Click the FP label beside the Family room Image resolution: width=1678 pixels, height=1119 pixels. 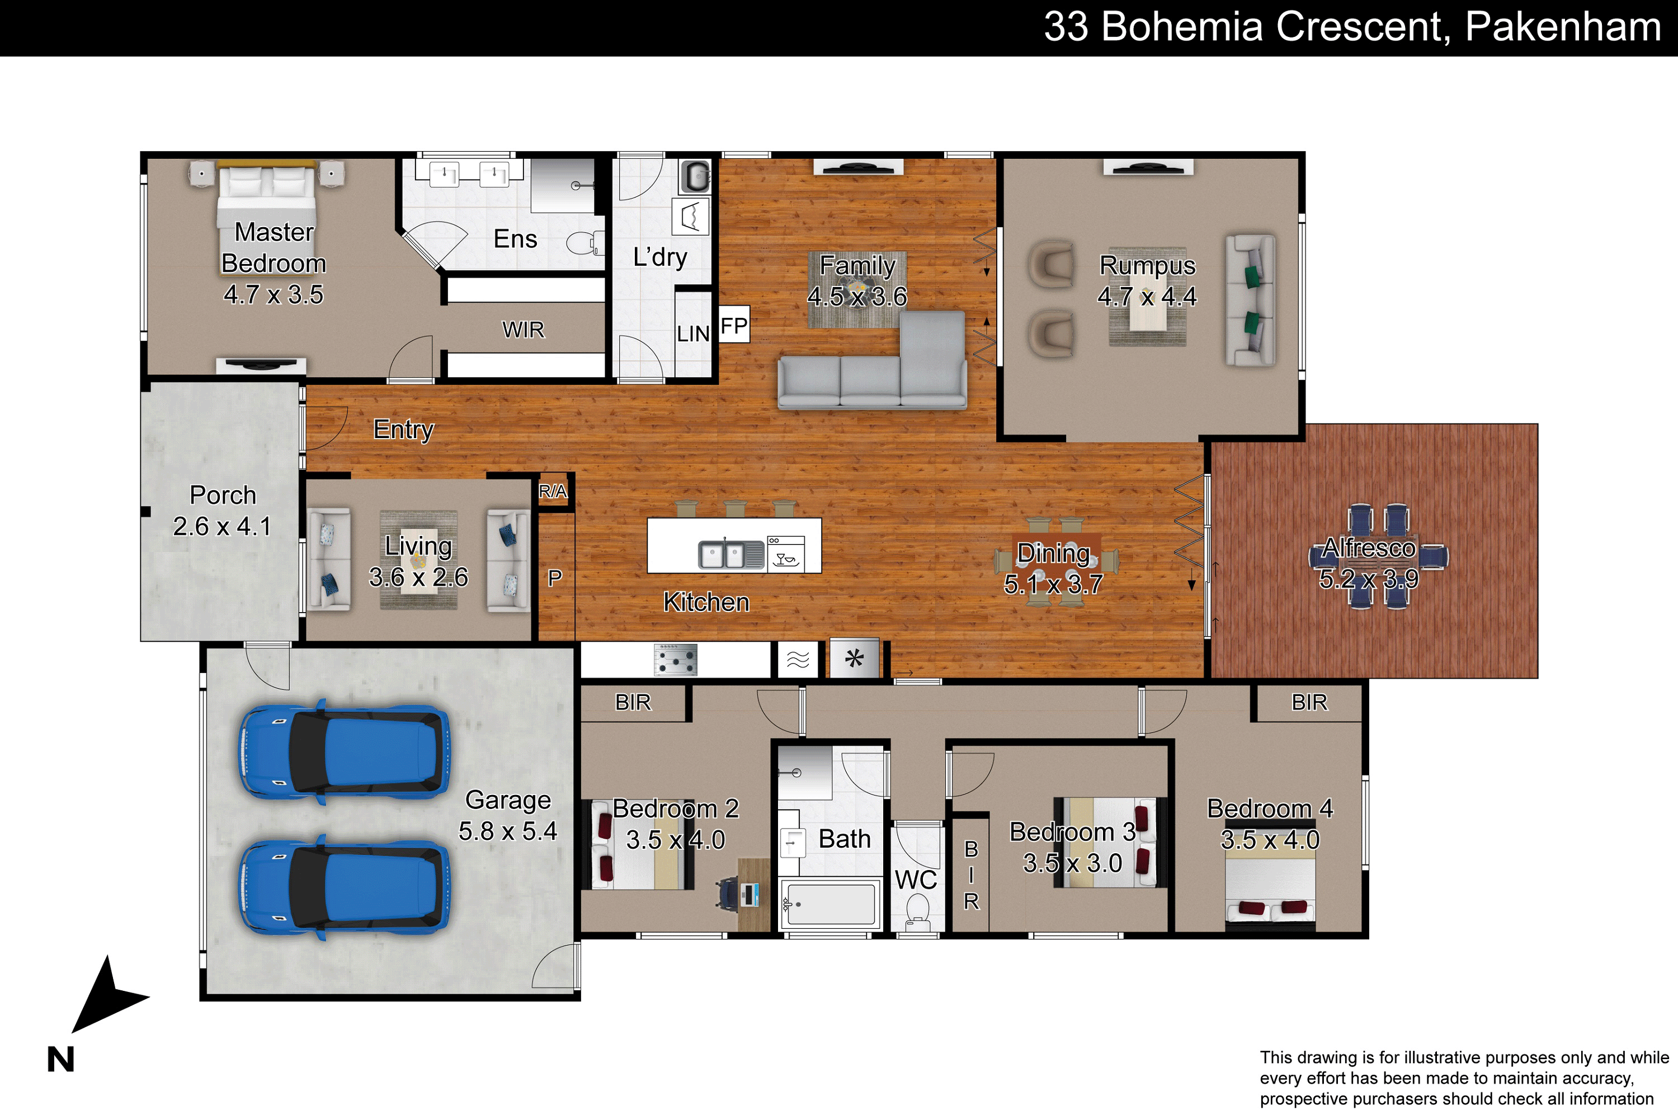pos(733,326)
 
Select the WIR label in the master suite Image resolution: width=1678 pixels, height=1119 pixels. pos(523,330)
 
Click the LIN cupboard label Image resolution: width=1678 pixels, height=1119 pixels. pos(693,333)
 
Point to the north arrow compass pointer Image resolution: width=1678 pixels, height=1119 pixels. pos(107,995)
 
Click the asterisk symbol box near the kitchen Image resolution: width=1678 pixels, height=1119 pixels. pos(854,659)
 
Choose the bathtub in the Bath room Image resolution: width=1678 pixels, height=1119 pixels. pos(829,904)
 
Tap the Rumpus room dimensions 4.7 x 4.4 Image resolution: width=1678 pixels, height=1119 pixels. pos(1147,296)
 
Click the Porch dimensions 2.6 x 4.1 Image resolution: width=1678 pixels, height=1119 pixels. pos(222,526)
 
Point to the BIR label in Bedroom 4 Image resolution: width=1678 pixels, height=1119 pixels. pos(1309,702)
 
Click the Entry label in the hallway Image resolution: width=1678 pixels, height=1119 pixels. pos(403,430)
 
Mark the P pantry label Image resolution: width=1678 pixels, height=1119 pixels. pos(554,578)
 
